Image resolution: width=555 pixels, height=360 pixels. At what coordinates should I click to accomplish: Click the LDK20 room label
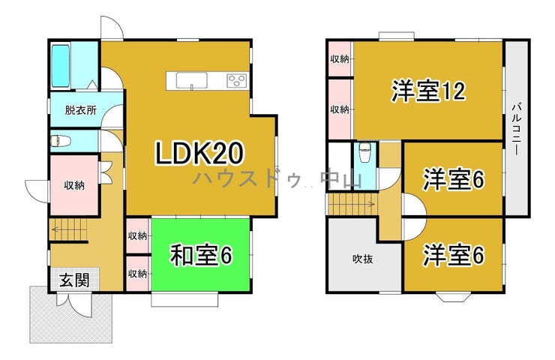pos(199,153)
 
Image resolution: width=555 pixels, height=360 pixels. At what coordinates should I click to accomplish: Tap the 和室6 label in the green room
pos(201,255)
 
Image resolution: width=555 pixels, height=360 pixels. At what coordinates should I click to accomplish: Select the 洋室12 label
pos(428,91)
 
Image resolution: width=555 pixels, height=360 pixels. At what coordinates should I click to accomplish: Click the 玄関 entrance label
pos(75,280)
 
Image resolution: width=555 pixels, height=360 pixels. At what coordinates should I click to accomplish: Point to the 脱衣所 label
pos(81,110)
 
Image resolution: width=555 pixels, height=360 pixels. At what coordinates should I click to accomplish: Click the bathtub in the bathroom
pos(61,66)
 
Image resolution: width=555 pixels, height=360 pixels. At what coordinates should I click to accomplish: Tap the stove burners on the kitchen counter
pos(237,81)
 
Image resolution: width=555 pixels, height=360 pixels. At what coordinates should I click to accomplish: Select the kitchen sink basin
pos(191,80)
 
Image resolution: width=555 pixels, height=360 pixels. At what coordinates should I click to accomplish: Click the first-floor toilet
pos(60,141)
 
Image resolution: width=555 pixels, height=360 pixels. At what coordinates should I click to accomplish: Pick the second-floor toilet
pos(364,152)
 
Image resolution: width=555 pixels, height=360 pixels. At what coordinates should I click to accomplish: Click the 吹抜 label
pos(363,259)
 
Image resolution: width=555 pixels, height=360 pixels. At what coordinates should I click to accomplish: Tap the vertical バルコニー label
pos(517,129)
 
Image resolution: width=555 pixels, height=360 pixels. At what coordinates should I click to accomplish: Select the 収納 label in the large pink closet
pos(74,185)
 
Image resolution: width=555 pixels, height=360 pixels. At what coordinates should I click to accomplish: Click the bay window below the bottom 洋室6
pos(453,297)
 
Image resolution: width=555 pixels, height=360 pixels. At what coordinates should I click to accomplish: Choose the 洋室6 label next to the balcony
pos(454,179)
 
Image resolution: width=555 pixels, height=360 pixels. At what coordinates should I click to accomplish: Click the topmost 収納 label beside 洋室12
pos(340,59)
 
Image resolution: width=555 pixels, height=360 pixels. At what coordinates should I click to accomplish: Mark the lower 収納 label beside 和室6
pos(137,274)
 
